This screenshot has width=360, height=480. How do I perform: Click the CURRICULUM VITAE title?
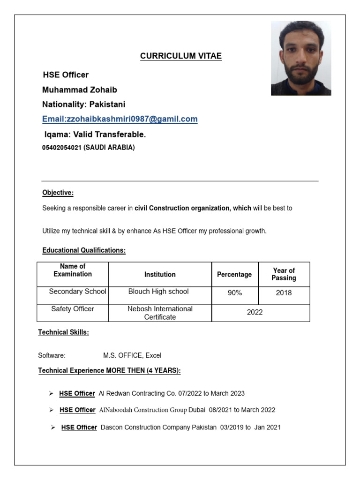tap(181, 56)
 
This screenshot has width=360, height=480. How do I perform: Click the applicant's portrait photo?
tap(301, 58)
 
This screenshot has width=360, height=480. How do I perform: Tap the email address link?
tap(120, 120)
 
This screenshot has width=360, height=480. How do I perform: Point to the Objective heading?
tap(58, 193)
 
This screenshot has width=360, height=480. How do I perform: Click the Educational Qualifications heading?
tap(84, 251)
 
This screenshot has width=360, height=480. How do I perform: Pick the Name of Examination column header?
tap(73, 270)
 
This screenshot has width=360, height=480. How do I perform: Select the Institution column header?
tap(160, 275)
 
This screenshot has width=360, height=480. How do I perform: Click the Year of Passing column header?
tap(284, 274)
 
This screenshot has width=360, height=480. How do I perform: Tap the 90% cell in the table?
tap(235, 293)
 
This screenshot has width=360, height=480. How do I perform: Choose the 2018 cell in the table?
tap(284, 293)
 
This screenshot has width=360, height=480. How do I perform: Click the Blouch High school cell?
tap(158, 292)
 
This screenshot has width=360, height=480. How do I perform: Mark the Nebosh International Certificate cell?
tap(160, 313)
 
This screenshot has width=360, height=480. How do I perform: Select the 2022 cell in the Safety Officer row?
tap(255, 312)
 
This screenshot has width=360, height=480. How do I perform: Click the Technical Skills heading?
tap(63, 333)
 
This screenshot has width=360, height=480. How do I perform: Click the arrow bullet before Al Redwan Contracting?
tap(52, 393)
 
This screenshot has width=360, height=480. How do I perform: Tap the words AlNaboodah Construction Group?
tap(143, 410)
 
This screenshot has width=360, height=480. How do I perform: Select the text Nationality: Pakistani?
tap(83, 104)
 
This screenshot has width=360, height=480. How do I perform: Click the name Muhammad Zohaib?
tap(80, 90)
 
